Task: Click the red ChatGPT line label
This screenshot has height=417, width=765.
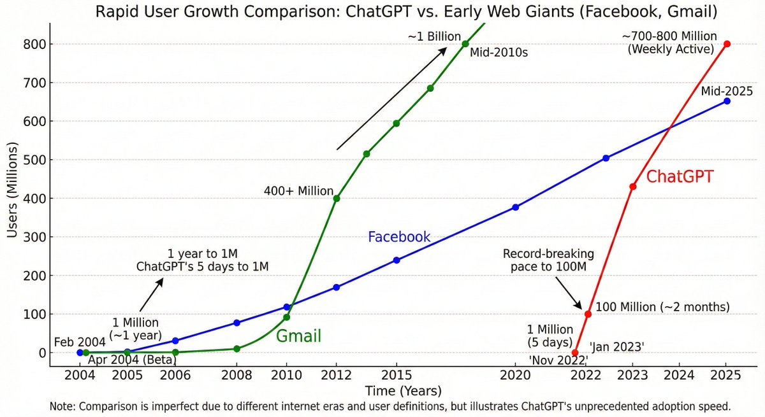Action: tap(680, 177)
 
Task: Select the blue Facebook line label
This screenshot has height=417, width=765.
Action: tap(399, 237)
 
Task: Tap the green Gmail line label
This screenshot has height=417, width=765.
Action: tap(298, 336)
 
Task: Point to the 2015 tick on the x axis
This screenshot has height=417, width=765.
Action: tap(397, 376)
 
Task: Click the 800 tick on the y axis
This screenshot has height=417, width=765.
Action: tap(30, 45)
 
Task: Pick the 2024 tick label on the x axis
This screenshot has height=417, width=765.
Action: tap(679, 376)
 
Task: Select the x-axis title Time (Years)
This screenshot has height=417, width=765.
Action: tap(403, 391)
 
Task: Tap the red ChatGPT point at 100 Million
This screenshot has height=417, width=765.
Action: tap(588, 314)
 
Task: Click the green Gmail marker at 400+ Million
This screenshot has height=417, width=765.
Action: tap(337, 198)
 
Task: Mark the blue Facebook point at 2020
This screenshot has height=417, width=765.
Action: tap(515, 207)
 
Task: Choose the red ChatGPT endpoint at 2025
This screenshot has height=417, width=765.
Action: tap(727, 44)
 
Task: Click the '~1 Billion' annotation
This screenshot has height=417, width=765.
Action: tap(434, 37)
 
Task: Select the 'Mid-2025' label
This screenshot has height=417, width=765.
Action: tap(727, 92)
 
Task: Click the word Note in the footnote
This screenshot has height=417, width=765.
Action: tap(61, 406)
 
